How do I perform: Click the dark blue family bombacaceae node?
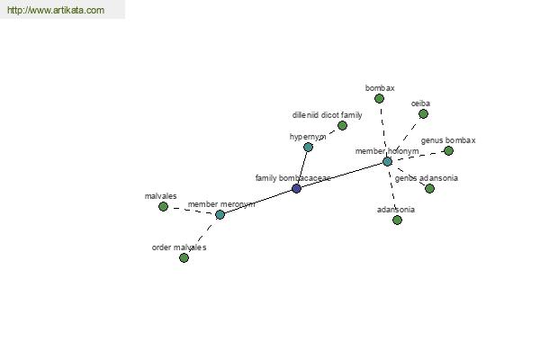point(296,188)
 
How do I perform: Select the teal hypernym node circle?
point(308,148)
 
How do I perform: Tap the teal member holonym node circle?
point(387,161)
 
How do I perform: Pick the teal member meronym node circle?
point(220,214)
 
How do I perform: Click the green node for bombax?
point(379,99)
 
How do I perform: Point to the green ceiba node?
point(423,114)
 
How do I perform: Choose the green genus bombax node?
point(448,150)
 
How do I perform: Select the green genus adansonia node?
point(429,188)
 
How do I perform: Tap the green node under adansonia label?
point(397,220)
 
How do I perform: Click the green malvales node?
point(163,207)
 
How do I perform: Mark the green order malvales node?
point(184,257)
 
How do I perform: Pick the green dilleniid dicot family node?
point(342,125)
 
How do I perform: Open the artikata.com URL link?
point(56,10)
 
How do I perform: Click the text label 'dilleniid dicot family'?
point(328,115)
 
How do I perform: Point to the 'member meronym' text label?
point(221,204)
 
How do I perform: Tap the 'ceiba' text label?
point(420,103)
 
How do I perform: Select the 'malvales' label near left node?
point(160,196)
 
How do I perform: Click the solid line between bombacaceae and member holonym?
point(342,175)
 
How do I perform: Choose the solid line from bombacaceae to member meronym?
point(258,202)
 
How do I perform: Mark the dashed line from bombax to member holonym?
point(383,130)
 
